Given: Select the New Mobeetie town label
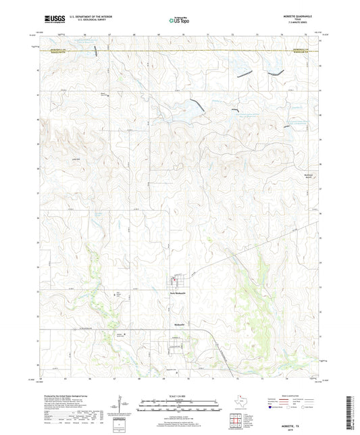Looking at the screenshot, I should tap(177, 294).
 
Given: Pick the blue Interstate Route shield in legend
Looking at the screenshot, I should tap(272, 407).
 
